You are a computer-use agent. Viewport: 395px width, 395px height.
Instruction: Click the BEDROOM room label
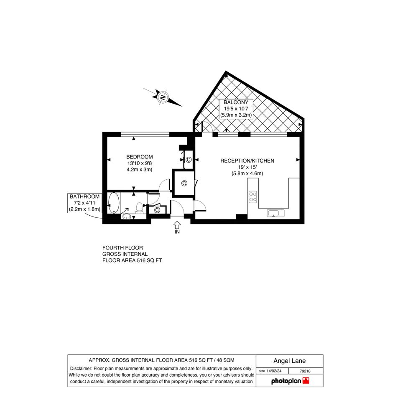pos(139,157)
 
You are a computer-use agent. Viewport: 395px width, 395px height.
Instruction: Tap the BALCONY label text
pos(236,102)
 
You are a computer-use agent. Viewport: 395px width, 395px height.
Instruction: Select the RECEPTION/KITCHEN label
pos(247,161)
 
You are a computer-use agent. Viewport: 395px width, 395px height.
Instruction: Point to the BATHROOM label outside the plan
pos(84,196)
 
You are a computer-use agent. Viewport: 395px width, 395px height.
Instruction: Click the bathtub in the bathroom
pos(114,203)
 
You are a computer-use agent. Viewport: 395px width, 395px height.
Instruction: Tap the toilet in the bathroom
pos(139,207)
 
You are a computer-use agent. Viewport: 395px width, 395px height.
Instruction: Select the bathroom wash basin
pos(126,216)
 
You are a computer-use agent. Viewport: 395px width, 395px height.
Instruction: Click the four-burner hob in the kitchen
pos(252,197)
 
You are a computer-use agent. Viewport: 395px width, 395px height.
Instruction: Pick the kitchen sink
pos(275,213)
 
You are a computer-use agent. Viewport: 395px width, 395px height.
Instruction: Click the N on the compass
pos(163,97)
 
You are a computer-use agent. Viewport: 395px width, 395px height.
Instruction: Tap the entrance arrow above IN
pos(177,225)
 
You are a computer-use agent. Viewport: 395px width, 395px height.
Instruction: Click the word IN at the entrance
pos(177,232)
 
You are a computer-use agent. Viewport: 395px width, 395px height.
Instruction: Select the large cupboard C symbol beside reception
pos(184,183)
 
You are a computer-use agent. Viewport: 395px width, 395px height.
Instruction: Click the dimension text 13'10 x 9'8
pos(139,163)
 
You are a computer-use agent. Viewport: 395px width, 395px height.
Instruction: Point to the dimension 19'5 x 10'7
pos(236,109)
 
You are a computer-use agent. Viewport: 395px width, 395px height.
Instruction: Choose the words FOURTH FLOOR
pos(123,248)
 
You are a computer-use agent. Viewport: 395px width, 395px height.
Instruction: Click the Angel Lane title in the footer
pos(289,361)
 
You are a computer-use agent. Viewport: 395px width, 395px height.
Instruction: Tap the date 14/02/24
pos(274,371)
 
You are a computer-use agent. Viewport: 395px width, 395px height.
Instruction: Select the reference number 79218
pos(305,371)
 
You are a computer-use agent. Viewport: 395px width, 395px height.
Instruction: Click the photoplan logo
pos(290,381)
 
